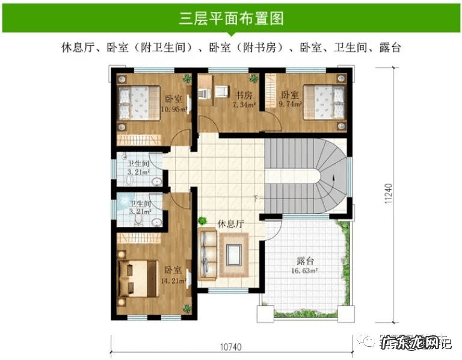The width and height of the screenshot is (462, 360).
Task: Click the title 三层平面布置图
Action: pyautogui.click(x=231, y=18)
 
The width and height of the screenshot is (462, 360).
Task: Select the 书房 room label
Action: pyautogui.click(x=243, y=95)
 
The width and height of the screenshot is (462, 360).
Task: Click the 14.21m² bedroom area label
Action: pyautogui.click(x=173, y=281)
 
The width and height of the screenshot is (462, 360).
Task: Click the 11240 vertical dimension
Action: pyautogui.click(x=389, y=194)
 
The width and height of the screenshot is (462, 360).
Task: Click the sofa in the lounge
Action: pyautogui.click(x=208, y=253)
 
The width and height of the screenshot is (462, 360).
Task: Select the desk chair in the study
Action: pyautogui.click(x=221, y=91)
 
